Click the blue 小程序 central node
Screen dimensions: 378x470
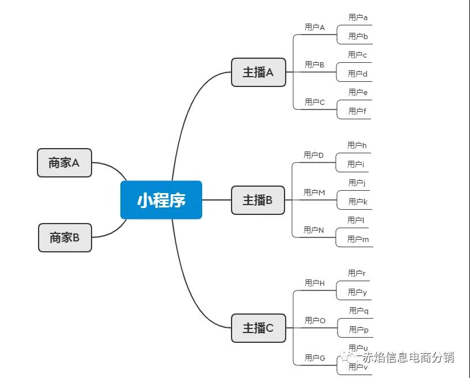pos(161,200)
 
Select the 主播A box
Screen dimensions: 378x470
pos(258,73)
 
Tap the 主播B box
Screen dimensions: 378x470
pos(257,200)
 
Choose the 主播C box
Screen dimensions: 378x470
pos(258,328)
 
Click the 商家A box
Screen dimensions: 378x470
pos(64,162)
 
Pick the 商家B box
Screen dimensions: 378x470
pos(65,237)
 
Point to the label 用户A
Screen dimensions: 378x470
pos(314,27)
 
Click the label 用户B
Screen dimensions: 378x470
pos(314,65)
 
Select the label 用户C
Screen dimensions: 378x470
pos(314,102)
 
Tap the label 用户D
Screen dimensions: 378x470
pos(314,155)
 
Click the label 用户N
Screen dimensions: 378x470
pos(314,230)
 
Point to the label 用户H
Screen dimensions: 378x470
pos(314,283)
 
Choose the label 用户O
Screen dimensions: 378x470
pos(315,320)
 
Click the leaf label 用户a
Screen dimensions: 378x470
pos(358,17)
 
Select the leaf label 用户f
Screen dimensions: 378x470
pos(357,111)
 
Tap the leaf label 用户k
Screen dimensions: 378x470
pos(358,202)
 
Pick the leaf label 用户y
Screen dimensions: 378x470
pos(357,292)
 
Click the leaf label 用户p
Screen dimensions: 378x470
pos(358,330)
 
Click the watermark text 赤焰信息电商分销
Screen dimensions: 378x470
pos(408,357)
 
